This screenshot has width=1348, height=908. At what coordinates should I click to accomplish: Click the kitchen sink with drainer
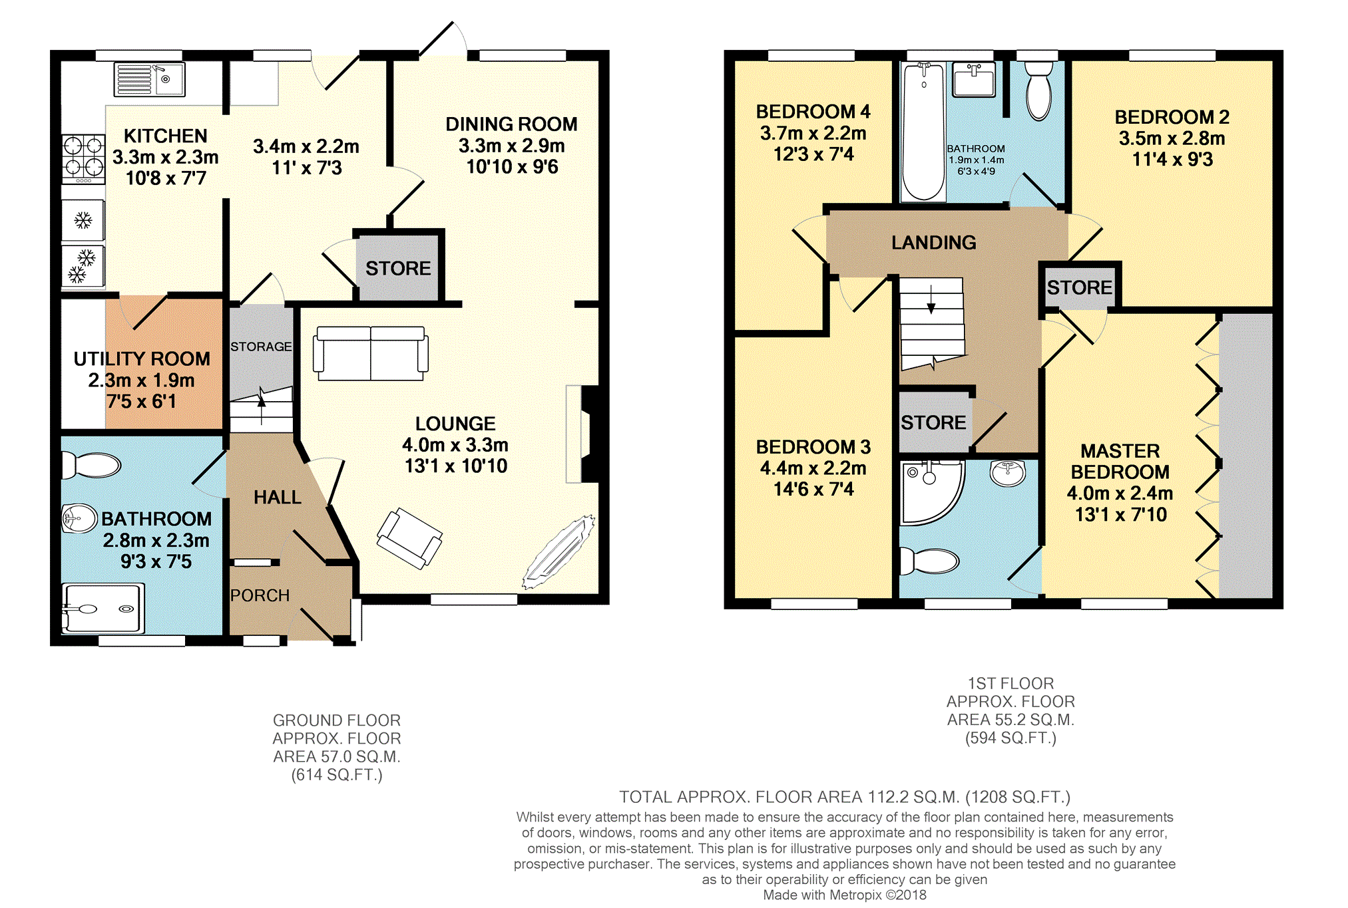click(x=149, y=80)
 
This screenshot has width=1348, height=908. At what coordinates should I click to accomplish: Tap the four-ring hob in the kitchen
click(x=84, y=159)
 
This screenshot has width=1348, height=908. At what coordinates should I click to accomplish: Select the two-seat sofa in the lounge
click(x=371, y=353)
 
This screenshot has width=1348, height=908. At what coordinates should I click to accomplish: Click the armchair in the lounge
click(x=409, y=538)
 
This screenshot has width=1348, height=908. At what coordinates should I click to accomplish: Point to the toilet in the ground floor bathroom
click(x=91, y=465)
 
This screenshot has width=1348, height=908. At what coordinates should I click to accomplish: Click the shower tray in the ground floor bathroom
click(x=103, y=608)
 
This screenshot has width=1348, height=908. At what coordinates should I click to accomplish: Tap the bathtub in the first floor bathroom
click(x=923, y=132)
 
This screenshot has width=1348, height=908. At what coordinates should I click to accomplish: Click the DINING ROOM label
click(x=511, y=124)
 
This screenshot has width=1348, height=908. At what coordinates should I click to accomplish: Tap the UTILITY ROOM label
click(x=142, y=359)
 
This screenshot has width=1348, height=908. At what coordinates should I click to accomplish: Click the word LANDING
click(x=934, y=243)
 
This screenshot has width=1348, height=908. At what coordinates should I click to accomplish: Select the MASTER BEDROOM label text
click(x=1120, y=462)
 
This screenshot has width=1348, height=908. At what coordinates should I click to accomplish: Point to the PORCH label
click(x=260, y=595)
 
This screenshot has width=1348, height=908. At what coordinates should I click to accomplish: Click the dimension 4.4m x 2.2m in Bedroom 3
click(x=813, y=468)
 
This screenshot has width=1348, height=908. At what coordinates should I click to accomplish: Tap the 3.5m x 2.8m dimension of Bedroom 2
click(x=1172, y=138)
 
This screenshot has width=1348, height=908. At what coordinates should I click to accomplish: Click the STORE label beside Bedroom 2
click(x=1080, y=287)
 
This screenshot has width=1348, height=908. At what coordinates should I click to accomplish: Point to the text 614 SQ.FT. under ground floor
click(x=337, y=775)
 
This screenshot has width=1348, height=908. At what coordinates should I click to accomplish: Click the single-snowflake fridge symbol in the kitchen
click(x=83, y=220)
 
